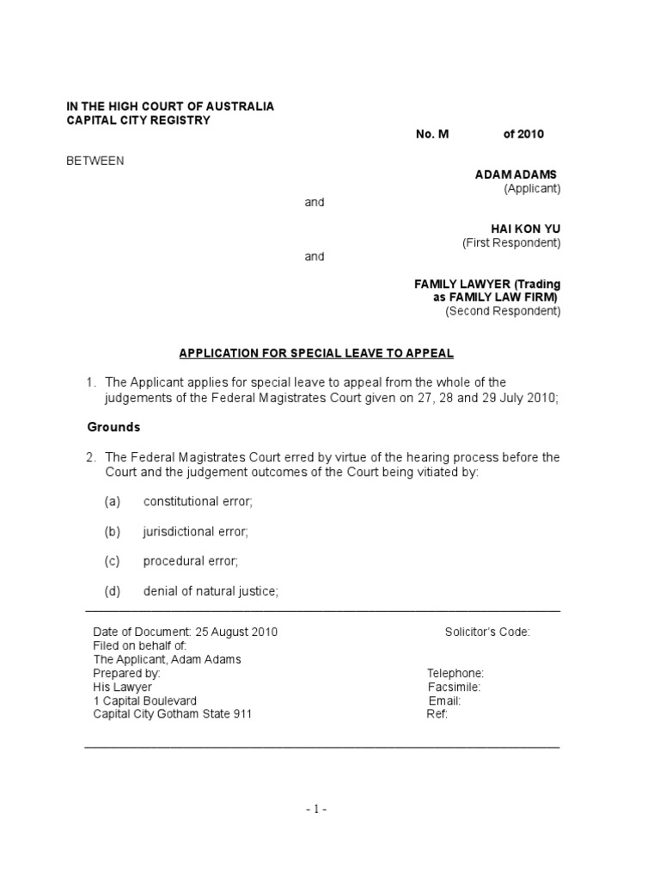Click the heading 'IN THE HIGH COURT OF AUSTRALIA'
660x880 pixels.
[x=170, y=106]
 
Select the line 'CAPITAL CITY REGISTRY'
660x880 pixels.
[x=138, y=120]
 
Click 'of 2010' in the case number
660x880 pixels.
[x=523, y=134]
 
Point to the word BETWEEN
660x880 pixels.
[x=95, y=161]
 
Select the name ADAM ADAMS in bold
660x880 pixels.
[x=516, y=174]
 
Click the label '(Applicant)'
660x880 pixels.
[x=532, y=188]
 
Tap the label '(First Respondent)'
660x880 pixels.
[x=511, y=243]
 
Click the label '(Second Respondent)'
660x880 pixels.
[x=503, y=311]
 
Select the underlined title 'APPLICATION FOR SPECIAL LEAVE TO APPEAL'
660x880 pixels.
[x=315, y=353]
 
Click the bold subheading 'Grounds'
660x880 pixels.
[x=113, y=427]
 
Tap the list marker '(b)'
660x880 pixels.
[x=113, y=532]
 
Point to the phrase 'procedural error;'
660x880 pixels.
[x=191, y=561]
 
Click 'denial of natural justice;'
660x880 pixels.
[x=211, y=591]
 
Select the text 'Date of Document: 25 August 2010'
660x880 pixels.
[x=185, y=632]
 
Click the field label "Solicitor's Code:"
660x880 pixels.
[x=487, y=632]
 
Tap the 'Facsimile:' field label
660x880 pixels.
[x=454, y=687]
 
